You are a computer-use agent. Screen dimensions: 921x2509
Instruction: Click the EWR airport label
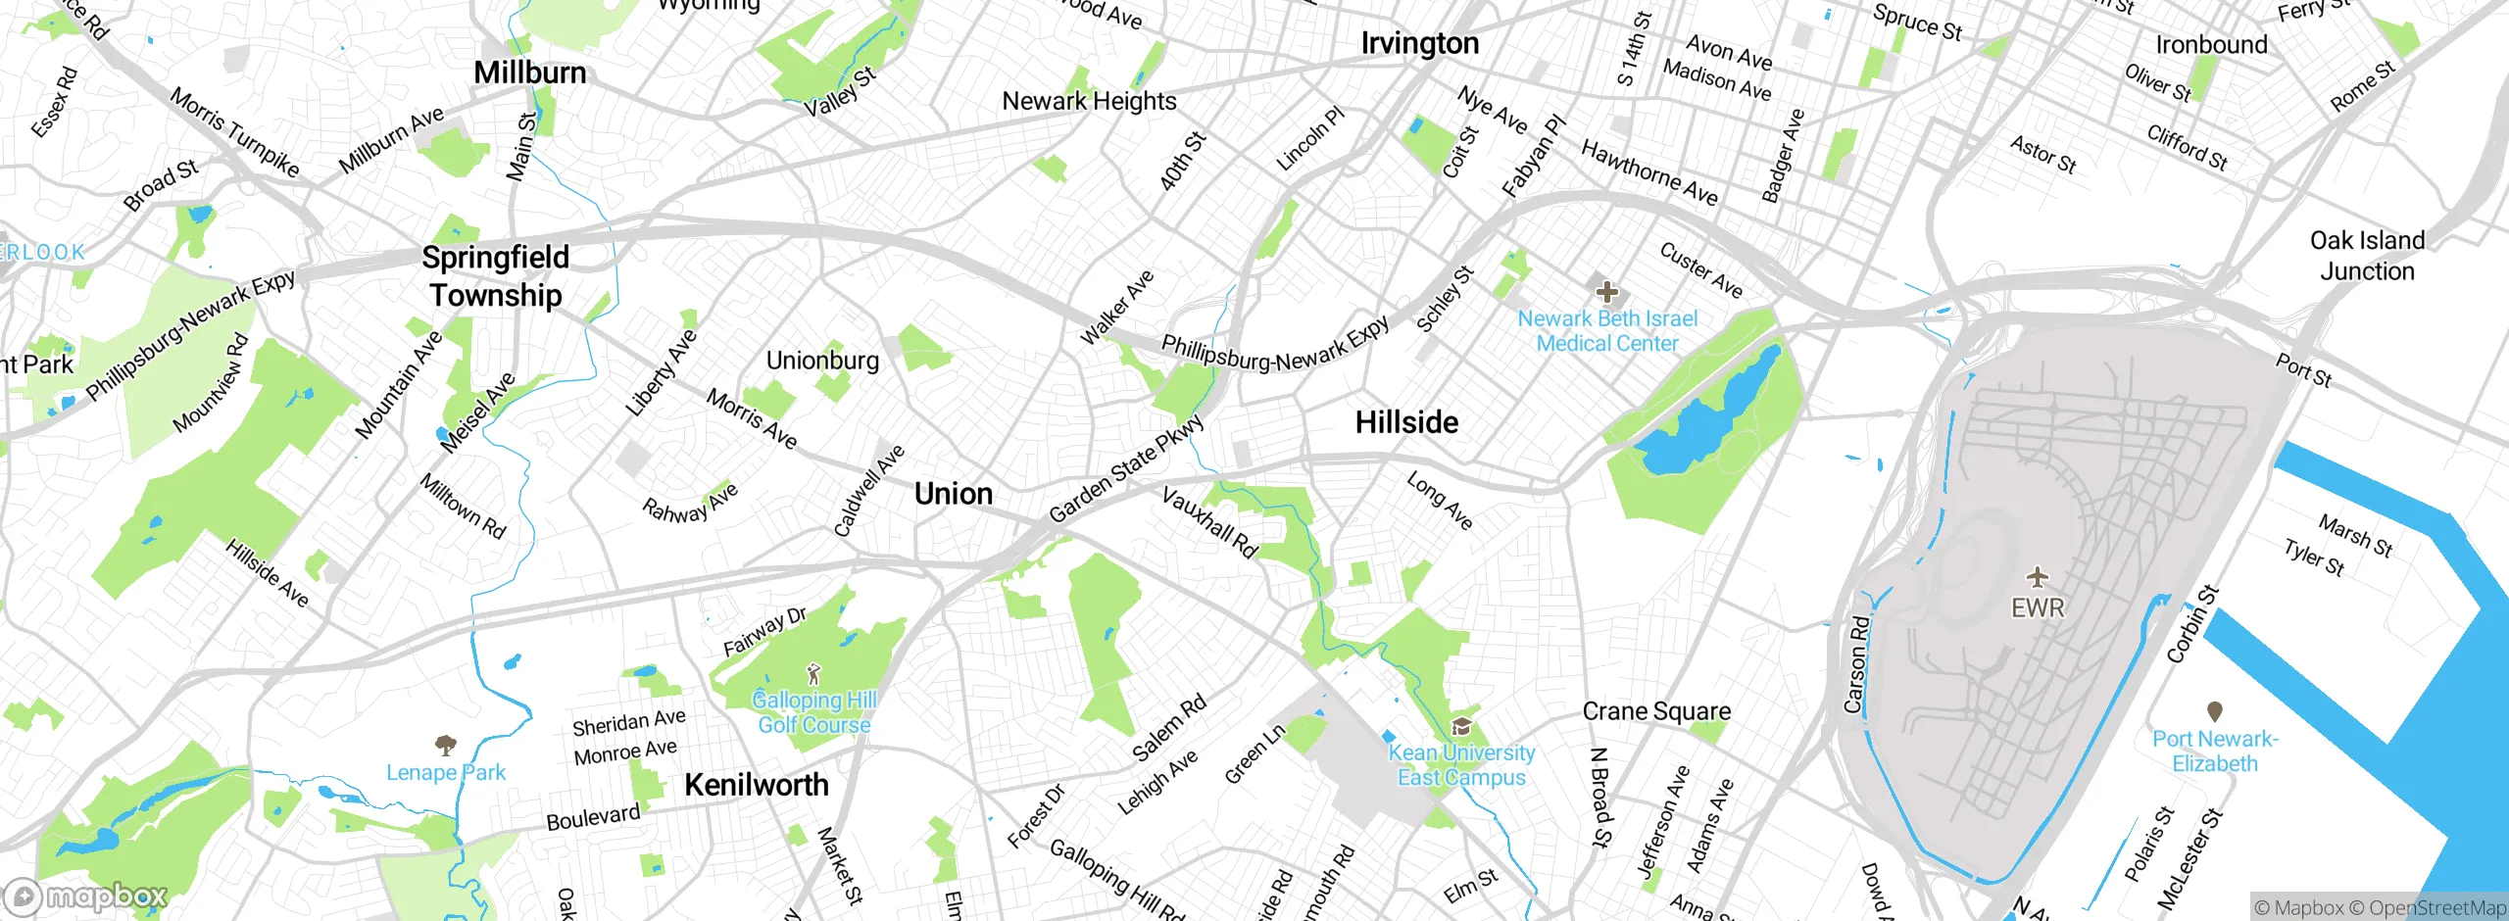point(2037,608)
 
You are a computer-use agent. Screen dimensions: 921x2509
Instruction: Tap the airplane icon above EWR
point(2038,576)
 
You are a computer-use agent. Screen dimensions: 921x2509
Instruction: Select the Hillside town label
point(1406,422)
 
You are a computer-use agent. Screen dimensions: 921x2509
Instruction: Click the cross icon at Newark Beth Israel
point(1607,291)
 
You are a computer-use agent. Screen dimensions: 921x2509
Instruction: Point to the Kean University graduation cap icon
point(1461,726)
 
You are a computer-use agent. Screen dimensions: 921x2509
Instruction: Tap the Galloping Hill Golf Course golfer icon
point(812,674)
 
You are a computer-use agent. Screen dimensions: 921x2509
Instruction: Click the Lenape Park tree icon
point(445,745)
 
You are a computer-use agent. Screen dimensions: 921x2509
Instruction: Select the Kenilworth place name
point(756,785)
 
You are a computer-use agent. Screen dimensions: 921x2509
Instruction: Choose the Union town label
point(953,494)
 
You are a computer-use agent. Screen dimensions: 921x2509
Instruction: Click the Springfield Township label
point(496,276)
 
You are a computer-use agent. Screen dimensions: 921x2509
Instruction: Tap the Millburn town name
point(529,73)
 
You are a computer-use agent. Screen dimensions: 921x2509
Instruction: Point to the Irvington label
point(1419,43)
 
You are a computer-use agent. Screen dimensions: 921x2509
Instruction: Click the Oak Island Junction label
point(2367,256)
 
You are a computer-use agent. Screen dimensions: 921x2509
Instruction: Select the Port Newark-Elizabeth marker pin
point(2214,710)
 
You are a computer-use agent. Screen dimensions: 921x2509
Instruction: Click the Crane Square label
point(1656,711)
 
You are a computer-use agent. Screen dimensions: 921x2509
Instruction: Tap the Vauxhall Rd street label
point(1208,522)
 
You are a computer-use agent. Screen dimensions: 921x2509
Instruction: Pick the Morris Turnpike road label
point(234,132)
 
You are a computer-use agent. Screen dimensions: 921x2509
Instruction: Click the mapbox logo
point(86,896)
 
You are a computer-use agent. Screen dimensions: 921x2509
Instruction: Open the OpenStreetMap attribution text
point(2436,908)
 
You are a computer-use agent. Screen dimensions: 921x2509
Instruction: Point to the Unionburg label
point(822,361)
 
